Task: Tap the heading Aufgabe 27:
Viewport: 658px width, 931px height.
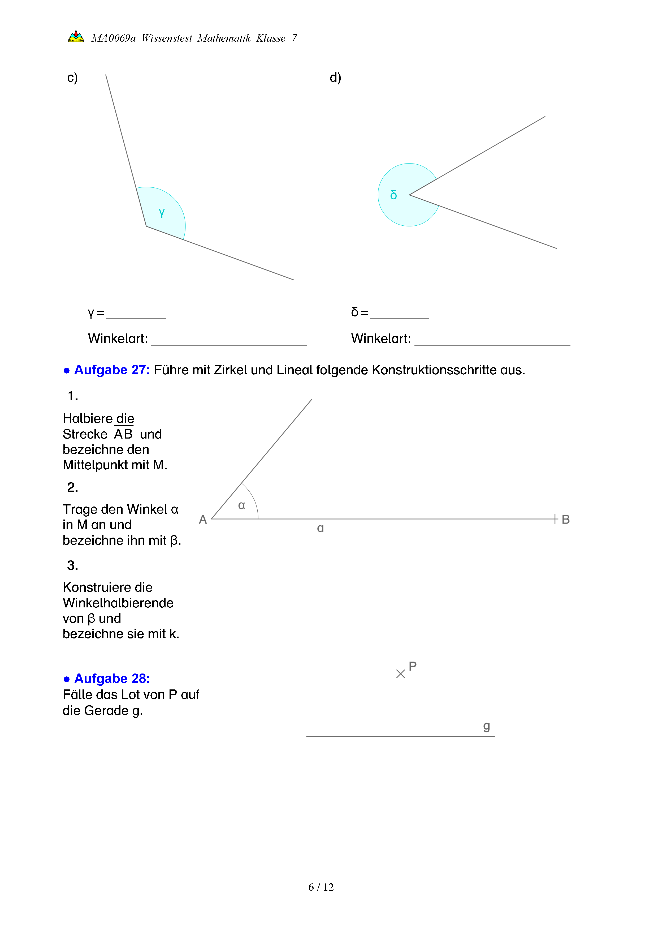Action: (112, 370)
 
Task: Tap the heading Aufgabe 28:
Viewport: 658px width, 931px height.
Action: (112, 678)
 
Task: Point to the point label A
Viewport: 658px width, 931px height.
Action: (203, 520)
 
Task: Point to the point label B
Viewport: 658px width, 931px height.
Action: (566, 520)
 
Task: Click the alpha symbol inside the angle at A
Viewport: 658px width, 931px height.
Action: (241, 505)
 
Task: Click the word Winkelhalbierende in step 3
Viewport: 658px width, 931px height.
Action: (118, 603)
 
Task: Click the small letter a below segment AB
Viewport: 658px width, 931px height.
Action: (320, 528)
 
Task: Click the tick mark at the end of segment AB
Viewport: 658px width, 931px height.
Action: (555, 519)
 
